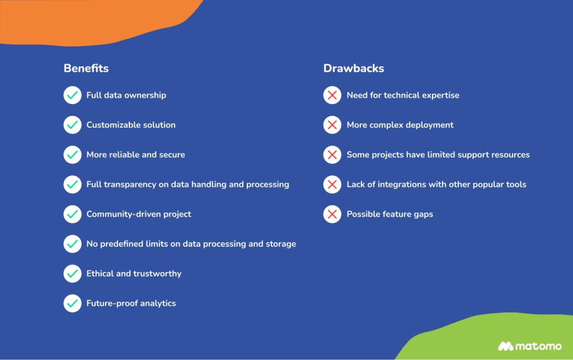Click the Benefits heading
coord(86,69)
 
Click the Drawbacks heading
coord(354,69)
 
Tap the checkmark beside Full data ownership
coord(72,95)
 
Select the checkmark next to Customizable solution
coord(72,125)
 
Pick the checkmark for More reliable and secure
coord(72,155)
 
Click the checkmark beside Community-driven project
coord(72,214)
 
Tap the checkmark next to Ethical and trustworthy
coord(72,273)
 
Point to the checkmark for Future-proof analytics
coord(72,303)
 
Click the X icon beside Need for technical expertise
coord(332,95)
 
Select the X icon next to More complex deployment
coord(332,125)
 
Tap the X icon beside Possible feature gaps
coord(332,214)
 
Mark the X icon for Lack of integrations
coord(332,184)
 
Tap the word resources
coord(508,155)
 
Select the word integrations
coord(402,185)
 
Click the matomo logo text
coord(539,346)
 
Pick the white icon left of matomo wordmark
coord(506,346)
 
